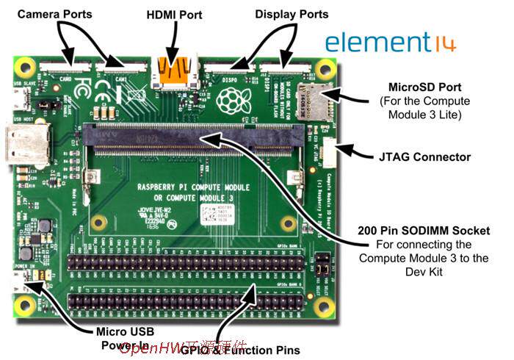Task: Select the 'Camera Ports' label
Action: (55, 14)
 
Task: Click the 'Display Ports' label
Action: (292, 14)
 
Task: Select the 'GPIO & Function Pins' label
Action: (236, 350)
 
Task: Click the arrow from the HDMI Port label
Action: (170, 44)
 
